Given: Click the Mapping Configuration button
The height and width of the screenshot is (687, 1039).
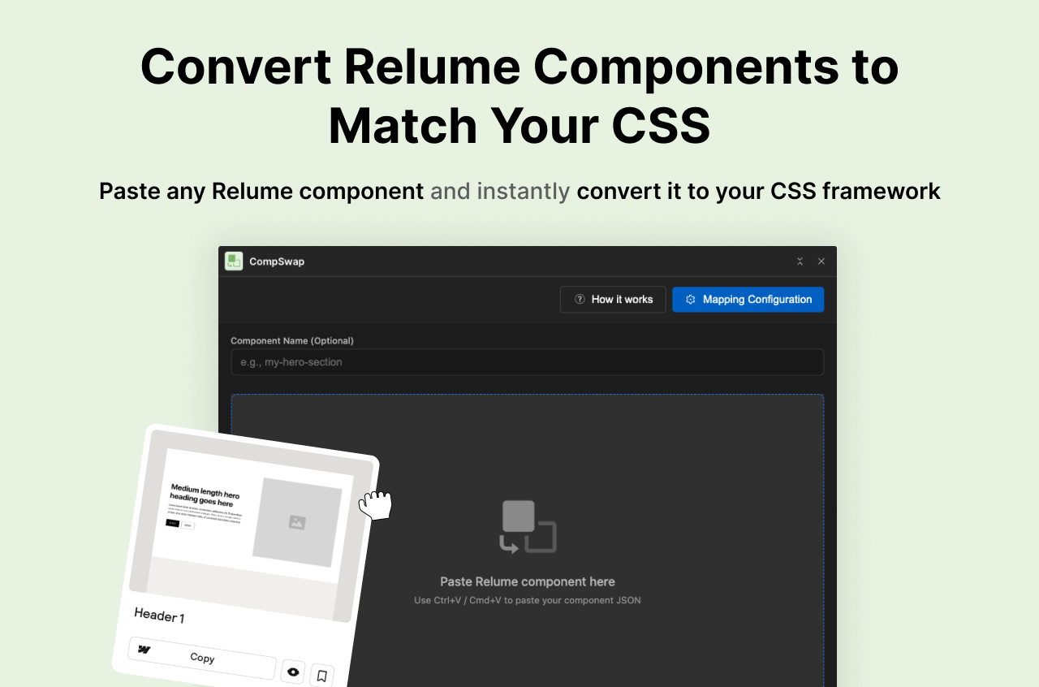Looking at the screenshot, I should click(748, 300).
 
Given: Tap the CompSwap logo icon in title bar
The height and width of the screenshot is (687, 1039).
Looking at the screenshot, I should click(234, 261).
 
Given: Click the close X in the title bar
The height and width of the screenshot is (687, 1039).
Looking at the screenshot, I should click(821, 261).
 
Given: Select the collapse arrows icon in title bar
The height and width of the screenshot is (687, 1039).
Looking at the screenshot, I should click(800, 261).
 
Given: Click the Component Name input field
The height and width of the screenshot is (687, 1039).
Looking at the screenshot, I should click(527, 362).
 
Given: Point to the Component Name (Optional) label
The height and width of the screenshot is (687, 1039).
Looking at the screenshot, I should click(292, 341).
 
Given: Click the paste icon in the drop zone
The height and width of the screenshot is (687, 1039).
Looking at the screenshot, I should click(528, 527).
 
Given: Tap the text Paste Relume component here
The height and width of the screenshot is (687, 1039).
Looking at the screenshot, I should click(528, 581).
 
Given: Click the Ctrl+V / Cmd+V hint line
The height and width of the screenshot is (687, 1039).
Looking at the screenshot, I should click(528, 601).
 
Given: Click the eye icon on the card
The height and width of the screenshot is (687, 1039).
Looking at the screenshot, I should click(293, 672).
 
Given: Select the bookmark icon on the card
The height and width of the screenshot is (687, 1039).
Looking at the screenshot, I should click(321, 676).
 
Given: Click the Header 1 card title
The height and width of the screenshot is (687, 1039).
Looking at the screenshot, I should click(159, 616).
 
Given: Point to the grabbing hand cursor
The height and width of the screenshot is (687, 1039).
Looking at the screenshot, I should click(376, 505).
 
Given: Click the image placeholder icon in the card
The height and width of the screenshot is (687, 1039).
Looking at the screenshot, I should click(297, 522).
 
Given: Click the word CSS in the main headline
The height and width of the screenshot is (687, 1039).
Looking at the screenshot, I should click(661, 126).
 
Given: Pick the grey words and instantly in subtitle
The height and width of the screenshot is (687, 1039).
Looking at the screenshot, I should click(500, 192).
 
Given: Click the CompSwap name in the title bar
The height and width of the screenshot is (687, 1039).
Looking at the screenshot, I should click(277, 261).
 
